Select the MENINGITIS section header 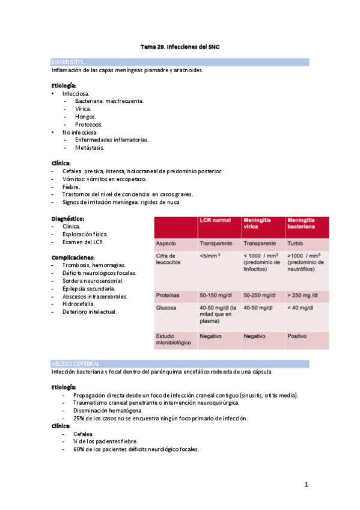click(67, 62)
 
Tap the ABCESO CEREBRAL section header click(76, 364)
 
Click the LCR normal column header click(214, 221)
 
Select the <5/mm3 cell click(209, 256)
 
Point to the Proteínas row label click(168, 295)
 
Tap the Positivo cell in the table click(298, 336)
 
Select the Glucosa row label click(166, 307)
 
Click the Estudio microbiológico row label click(174, 339)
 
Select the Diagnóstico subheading click(68, 218)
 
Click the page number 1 click(306, 485)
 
